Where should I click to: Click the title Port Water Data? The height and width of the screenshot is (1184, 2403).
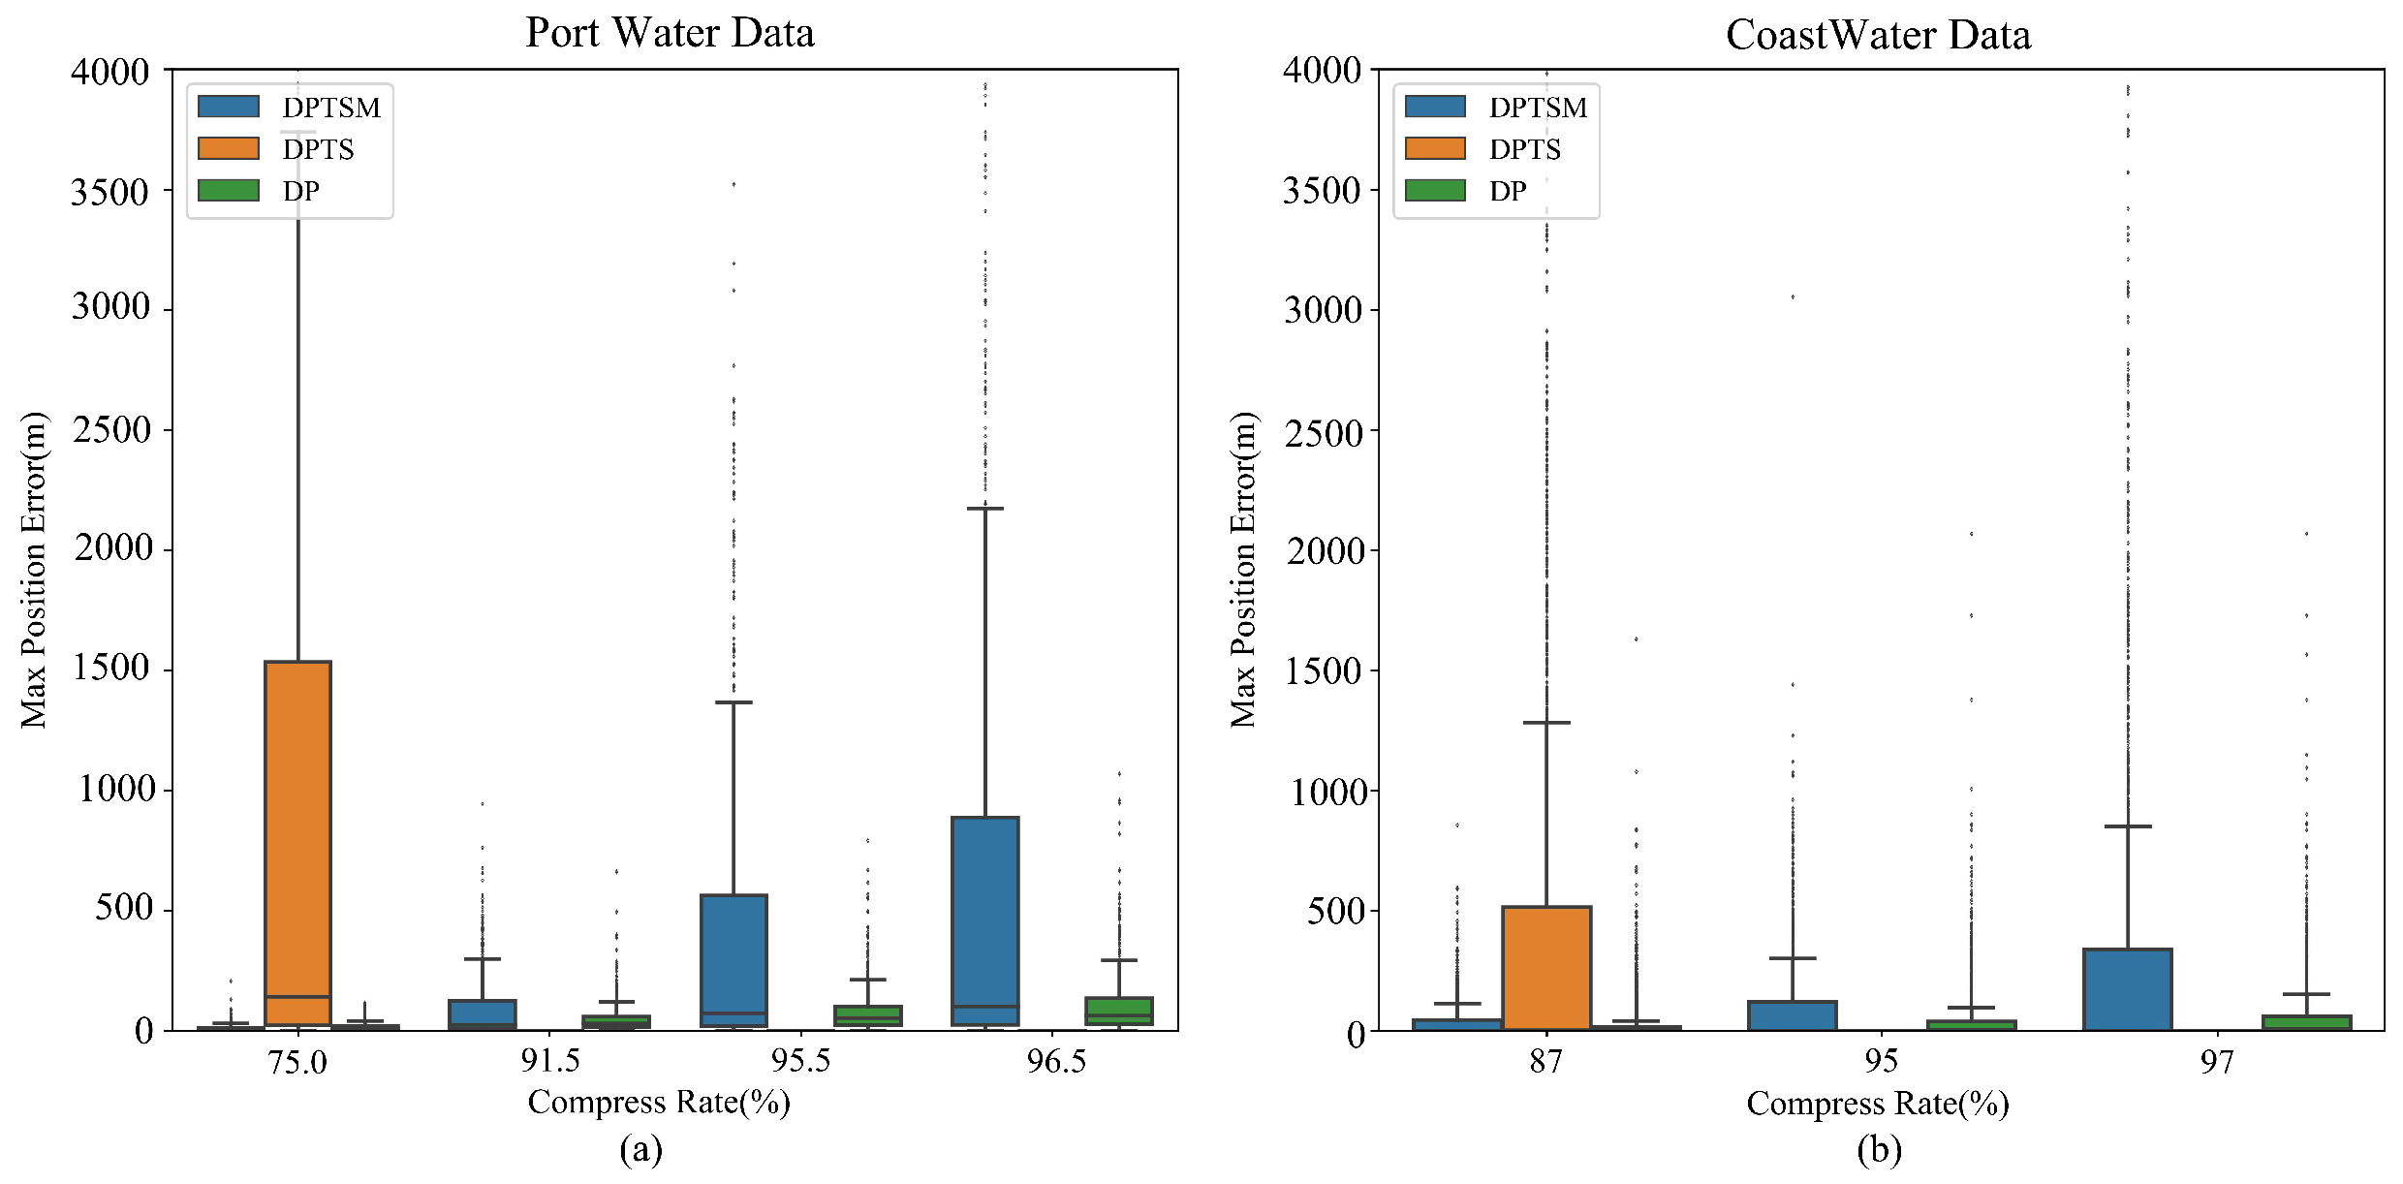point(670,33)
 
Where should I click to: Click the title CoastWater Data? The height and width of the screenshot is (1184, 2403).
point(1878,35)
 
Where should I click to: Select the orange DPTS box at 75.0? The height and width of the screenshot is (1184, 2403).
point(298,843)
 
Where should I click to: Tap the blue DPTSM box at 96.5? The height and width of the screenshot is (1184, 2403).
point(985,920)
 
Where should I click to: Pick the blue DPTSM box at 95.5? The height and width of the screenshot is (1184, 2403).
point(733,959)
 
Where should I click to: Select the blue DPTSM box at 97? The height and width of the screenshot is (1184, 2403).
point(2128,988)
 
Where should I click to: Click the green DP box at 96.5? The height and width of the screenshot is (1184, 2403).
point(1119,1011)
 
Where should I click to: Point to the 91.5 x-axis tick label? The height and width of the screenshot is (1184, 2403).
point(550,1062)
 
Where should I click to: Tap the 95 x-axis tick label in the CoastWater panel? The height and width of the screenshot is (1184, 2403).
point(1881,1062)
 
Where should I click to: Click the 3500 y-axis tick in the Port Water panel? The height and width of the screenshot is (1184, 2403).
point(109,192)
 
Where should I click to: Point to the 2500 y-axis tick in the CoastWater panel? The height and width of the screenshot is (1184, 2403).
point(1324,432)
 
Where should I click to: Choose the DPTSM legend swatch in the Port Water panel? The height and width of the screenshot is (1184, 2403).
point(229,107)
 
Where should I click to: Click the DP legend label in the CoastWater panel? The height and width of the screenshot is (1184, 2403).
point(1508,191)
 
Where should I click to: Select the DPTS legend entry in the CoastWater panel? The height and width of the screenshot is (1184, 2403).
point(1524,149)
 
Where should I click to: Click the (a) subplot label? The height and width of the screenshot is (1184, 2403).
point(640,1150)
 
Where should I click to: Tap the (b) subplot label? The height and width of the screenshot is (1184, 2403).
point(1879,1150)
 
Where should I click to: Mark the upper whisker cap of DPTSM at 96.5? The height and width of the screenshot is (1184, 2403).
point(985,508)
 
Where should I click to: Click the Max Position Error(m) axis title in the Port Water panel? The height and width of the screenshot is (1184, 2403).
point(34,570)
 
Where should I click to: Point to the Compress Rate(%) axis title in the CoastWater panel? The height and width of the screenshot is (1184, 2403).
point(1877,1104)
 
